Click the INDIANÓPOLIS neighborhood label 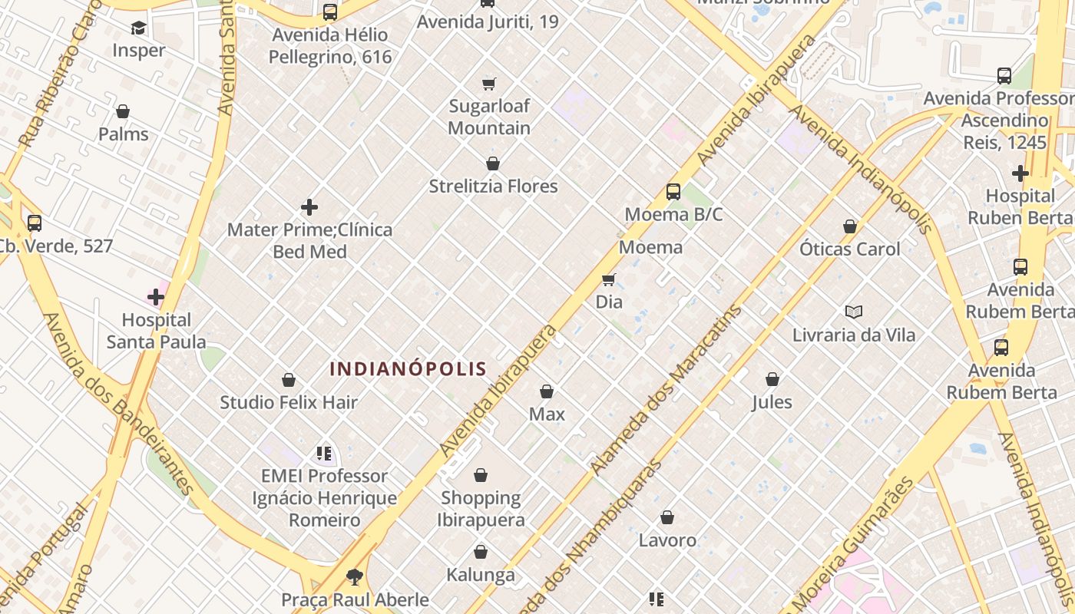coord(408,369)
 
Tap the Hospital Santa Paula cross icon coord(156,296)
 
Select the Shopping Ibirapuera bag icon coord(481,476)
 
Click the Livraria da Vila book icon coord(854,312)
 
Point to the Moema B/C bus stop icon coord(673,192)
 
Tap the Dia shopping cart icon coord(609,280)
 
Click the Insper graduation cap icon coord(138,28)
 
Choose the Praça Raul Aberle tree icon coord(354,576)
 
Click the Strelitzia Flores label coord(493,187)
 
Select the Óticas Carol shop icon coord(850,227)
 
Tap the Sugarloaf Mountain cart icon coord(489,84)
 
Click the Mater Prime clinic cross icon coord(309,207)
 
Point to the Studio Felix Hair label coord(289,402)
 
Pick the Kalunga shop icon coord(481,553)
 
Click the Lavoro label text coord(667,540)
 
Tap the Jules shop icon coord(772,379)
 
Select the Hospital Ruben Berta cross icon coord(1020,173)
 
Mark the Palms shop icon coord(123,112)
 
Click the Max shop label coord(547,414)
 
